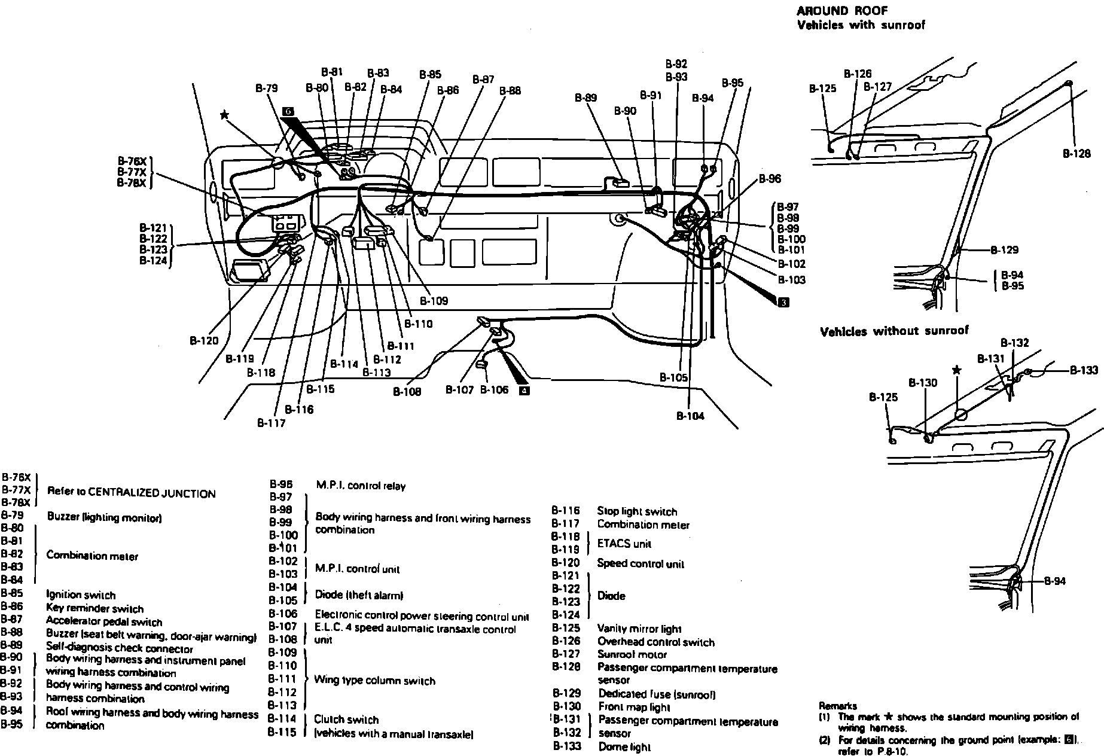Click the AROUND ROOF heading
pyautogui.click(x=841, y=11)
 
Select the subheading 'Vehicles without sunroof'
pyautogui.click(x=893, y=331)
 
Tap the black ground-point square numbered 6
pyautogui.click(x=289, y=112)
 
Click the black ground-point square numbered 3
pyautogui.click(x=783, y=302)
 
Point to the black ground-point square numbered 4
pyautogui.click(x=524, y=391)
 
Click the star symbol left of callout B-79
pyautogui.click(x=224, y=115)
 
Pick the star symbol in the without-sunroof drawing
pyautogui.click(x=957, y=370)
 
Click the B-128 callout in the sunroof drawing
pyautogui.click(x=1076, y=153)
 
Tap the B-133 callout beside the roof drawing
pyautogui.click(x=1084, y=370)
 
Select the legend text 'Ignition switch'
pyautogui.click(x=81, y=595)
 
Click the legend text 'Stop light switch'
pyautogui.click(x=637, y=511)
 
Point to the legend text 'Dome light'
pyautogui.click(x=624, y=746)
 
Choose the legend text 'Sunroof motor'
pyautogui.click(x=632, y=654)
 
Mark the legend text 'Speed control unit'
pyautogui.click(x=641, y=563)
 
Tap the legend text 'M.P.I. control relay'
pyautogui.click(x=360, y=486)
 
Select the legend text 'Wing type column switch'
pyautogui.click(x=375, y=681)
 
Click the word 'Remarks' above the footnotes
pyautogui.click(x=837, y=706)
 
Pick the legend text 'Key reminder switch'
pyautogui.click(x=94, y=609)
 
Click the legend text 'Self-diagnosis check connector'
pyautogui.click(x=120, y=648)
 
